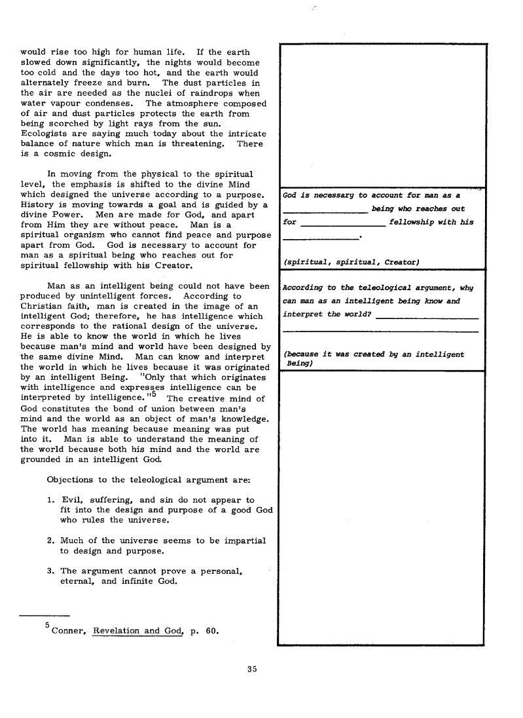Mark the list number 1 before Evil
(50, 500)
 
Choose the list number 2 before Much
(50, 540)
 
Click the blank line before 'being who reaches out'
(325, 211)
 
